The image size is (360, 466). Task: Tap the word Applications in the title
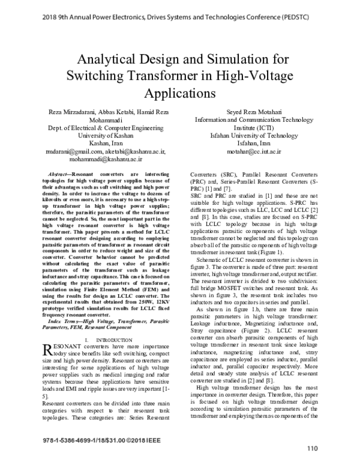click(180, 94)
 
